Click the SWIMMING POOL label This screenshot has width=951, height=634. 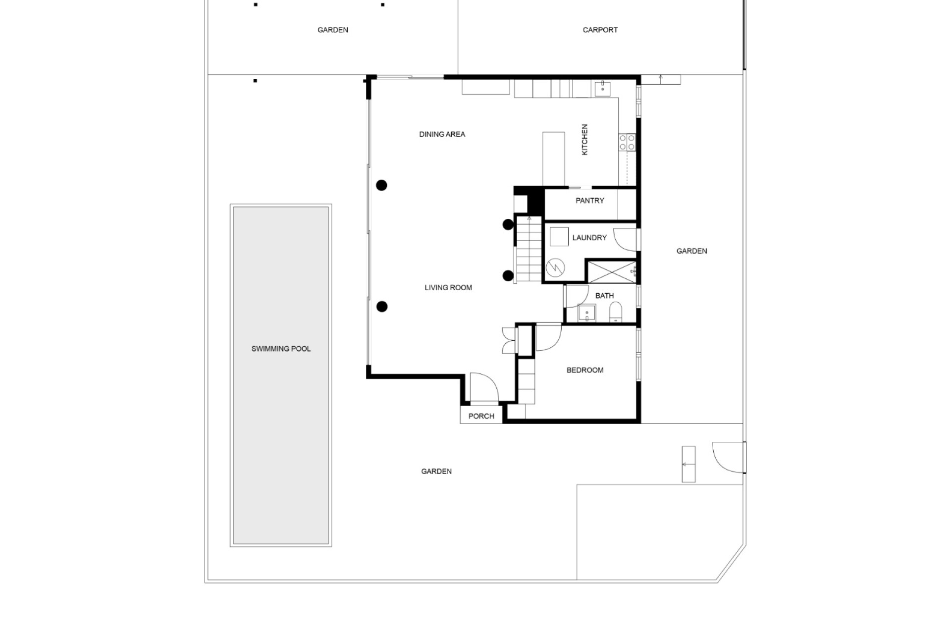[281, 349]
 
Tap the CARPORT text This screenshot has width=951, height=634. [600, 30]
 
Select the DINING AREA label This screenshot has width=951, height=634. [442, 134]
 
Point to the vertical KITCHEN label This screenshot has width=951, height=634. [584, 140]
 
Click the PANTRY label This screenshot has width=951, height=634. [589, 201]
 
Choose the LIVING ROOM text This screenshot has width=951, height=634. [448, 287]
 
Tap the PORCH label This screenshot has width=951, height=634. [481, 416]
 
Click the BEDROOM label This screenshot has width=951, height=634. [585, 370]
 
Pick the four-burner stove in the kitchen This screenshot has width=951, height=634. [627, 142]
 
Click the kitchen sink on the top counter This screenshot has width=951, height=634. [602, 89]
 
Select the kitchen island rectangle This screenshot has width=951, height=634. [553, 158]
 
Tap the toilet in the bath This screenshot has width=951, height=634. [615, 312]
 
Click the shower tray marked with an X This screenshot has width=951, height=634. [612, 271]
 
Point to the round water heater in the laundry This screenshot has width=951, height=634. [555, 268]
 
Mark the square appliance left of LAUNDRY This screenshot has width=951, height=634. [559, 236]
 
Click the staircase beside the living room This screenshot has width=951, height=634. [528, 249]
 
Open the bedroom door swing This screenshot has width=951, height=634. [548, 337]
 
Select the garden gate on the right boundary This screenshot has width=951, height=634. [729, 457]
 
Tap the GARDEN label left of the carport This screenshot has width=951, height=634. [332, 30]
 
